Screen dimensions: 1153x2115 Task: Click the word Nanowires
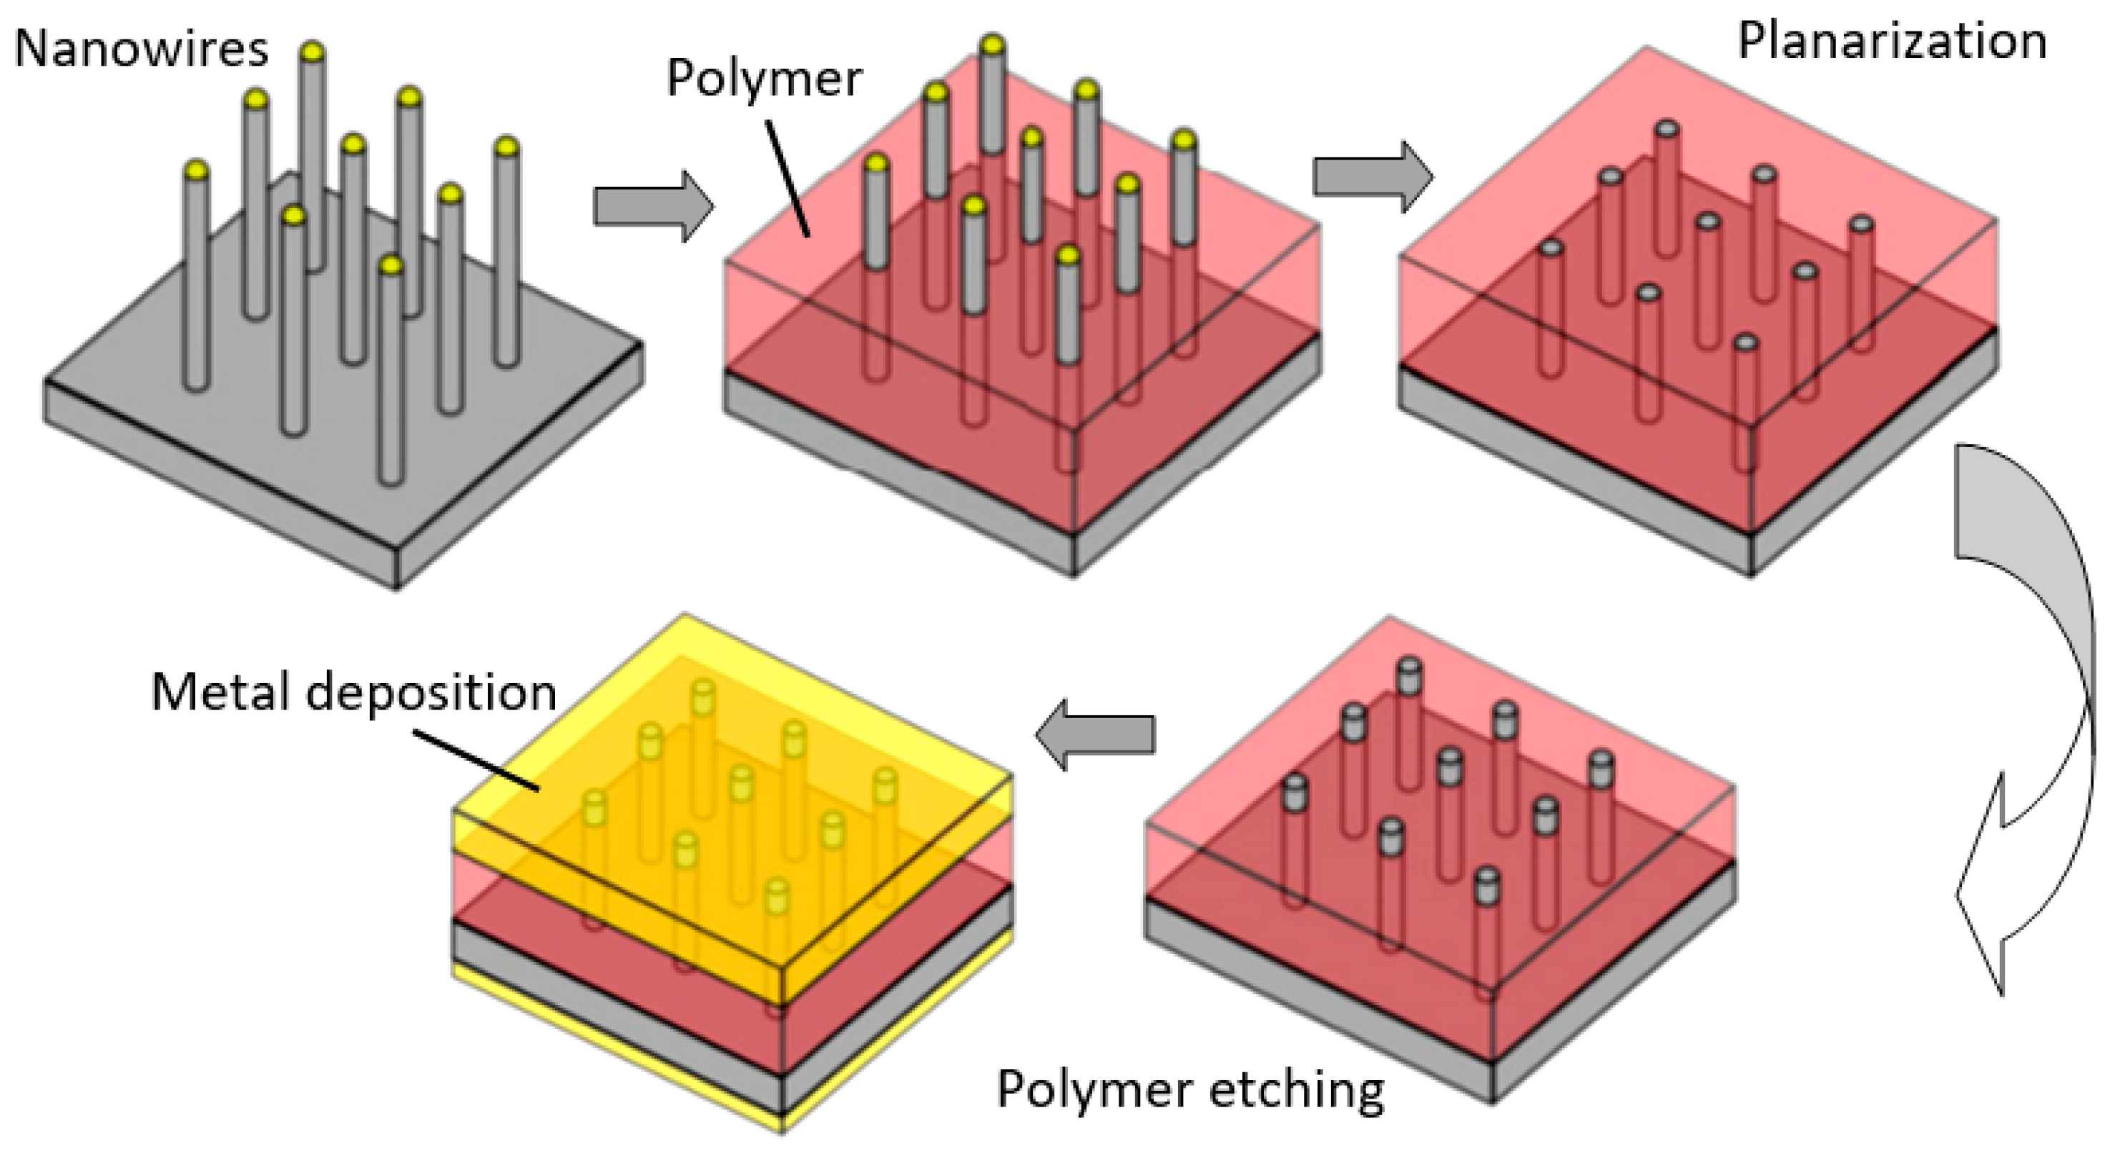(141, 49)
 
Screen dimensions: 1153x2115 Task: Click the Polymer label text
(764, 79)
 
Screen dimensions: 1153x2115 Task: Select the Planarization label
(1892, 41)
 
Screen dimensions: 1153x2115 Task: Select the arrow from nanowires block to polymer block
(653, 206)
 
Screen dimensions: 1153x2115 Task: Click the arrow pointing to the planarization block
(1372, 177)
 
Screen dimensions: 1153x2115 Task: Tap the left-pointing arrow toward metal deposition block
(1095, 734)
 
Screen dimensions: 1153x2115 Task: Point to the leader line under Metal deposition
(476, 760)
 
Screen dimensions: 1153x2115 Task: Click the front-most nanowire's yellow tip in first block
(392, 265)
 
